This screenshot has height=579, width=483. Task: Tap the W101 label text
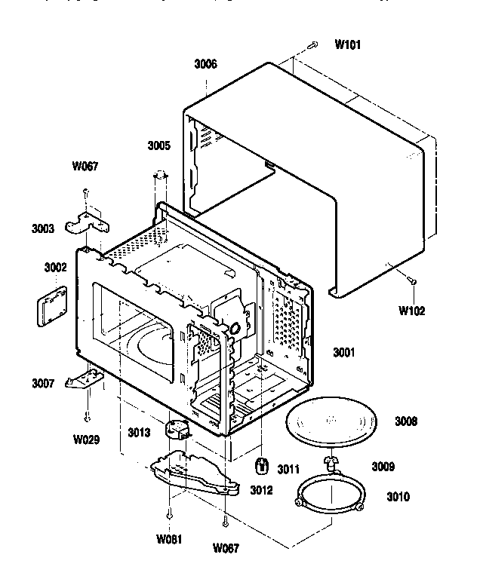(348, 44)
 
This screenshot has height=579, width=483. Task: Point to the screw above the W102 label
(411, 280)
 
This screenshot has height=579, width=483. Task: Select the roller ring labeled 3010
(328, 498)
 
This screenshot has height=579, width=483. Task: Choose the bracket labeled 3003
(87, 222)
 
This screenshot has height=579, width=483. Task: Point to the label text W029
(88, 438)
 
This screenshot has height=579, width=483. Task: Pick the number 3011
(288, 469)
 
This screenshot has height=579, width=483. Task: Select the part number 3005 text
(158, 145)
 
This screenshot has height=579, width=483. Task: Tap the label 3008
(405, 421)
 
